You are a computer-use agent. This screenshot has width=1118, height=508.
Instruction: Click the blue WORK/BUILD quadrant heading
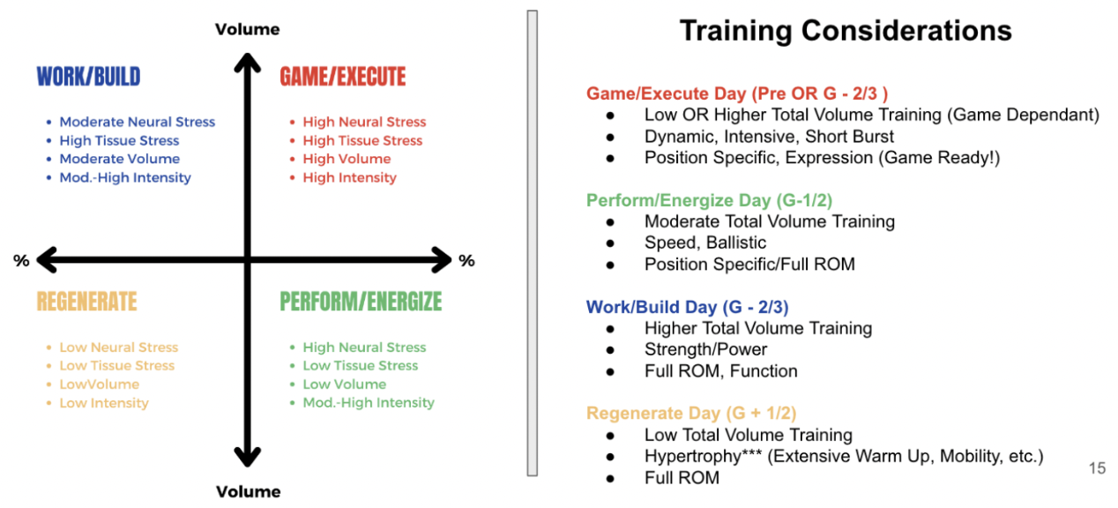[88, 77]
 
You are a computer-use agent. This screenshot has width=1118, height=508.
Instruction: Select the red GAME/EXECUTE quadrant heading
[343, 77]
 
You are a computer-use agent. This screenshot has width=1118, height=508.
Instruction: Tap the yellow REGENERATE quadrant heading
[86, 302]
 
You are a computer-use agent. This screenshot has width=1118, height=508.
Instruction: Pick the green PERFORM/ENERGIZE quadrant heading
[361, 302]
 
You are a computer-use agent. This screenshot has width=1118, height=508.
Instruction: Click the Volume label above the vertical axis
[248, 29]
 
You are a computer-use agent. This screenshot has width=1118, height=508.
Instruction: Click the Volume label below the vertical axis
[248, 491]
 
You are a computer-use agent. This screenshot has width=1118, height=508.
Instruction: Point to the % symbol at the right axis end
[466, 260]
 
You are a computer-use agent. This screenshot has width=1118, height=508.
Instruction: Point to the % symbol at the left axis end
[21, 260]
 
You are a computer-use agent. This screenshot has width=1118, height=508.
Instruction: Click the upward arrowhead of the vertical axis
[248, 63]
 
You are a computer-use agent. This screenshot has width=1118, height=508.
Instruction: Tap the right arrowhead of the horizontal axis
[442, 259]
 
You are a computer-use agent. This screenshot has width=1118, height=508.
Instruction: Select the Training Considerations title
[846, 31]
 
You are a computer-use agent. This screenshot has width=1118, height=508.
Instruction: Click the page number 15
[1097, 468]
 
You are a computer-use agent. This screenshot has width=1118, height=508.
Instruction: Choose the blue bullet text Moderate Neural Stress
[138, 122]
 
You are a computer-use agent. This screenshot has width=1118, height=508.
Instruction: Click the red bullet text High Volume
[347, 159]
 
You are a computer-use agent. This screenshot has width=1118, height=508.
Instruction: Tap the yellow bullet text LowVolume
[100, 385]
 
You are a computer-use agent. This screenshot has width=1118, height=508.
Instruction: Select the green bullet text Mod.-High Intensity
[369, 403]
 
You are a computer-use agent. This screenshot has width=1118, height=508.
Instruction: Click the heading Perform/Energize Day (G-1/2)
[709, 200]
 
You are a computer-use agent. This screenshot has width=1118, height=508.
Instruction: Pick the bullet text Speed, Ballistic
[705, 243]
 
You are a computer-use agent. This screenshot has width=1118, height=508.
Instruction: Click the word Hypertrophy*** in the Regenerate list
[704, 457]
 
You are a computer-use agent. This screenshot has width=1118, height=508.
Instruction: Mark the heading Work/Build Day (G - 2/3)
[687, 307]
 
